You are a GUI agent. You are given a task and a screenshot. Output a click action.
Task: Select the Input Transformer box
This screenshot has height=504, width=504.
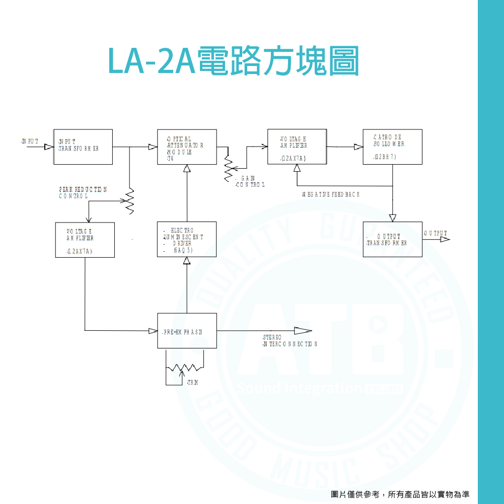[83, 147]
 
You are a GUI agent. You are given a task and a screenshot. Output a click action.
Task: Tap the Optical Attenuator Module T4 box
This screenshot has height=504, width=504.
[187, 147]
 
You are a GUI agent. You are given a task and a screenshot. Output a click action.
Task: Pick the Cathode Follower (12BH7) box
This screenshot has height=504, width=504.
[392, 147]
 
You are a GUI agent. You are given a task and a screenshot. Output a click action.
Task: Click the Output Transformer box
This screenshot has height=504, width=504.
[392, 240]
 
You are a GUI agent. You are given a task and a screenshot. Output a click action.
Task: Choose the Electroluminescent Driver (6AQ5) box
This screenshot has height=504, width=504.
[187, 240]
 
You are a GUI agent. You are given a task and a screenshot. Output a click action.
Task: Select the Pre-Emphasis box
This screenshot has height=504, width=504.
[187, 331]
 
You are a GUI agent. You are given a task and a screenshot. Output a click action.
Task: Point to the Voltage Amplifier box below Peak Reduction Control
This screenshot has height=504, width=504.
[85, 240]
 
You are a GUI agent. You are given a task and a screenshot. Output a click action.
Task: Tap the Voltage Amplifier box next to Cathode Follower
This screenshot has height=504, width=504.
[297, 147]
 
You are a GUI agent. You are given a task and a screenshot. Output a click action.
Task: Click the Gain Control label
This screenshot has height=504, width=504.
[250, 182]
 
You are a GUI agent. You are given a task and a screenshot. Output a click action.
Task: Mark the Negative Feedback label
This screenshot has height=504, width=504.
[331, 194]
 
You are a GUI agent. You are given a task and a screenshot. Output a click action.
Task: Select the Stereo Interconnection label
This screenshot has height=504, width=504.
[290, 340]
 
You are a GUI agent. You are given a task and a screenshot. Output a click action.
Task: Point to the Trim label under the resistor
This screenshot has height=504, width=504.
[192, 383]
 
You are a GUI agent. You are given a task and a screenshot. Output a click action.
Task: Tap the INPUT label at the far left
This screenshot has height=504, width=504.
[30, 140]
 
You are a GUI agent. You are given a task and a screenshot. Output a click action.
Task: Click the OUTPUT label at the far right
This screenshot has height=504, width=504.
[435, 233]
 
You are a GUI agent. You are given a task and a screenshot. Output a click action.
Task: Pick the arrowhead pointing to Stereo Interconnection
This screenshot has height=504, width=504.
[303, 331]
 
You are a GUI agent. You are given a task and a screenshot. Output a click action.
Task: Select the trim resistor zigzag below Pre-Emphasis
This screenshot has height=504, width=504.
[185, 368]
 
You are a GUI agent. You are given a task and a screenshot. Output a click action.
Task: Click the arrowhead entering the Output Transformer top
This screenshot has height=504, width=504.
[393, 218]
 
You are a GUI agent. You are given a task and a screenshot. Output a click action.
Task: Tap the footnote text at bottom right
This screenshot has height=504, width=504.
[400, 494]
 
